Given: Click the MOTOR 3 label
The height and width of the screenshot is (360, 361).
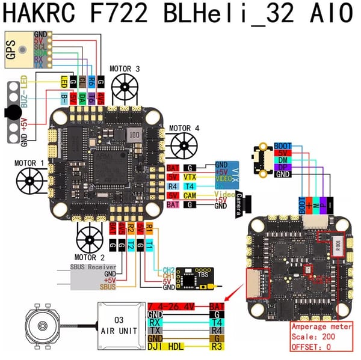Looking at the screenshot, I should click(x=125, y=70).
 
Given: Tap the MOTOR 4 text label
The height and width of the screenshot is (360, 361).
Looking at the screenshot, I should click(x=184, y=128).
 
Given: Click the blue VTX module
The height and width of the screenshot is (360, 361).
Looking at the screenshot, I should click(x=229, y=172).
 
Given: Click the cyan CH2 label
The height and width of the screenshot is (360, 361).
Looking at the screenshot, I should click(x=169, y=269).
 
